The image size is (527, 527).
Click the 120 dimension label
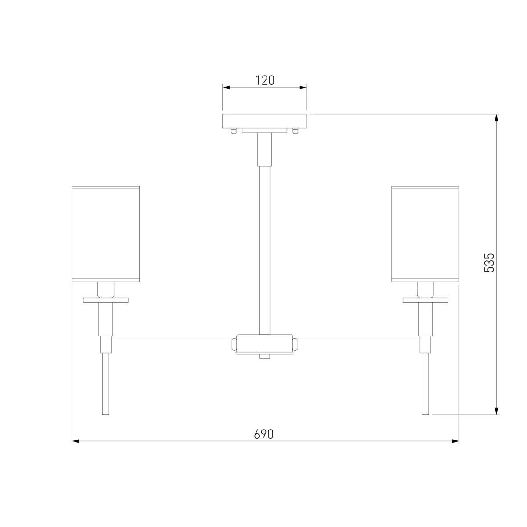(264, 80)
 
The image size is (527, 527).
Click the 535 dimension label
(489, 263)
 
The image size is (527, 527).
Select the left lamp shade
(106, 234)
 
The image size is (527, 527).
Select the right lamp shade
(425, 234)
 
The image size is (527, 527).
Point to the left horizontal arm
(171, 345)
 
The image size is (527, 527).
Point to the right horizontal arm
(358, 345)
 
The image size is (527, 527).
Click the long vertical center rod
(264, 250)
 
